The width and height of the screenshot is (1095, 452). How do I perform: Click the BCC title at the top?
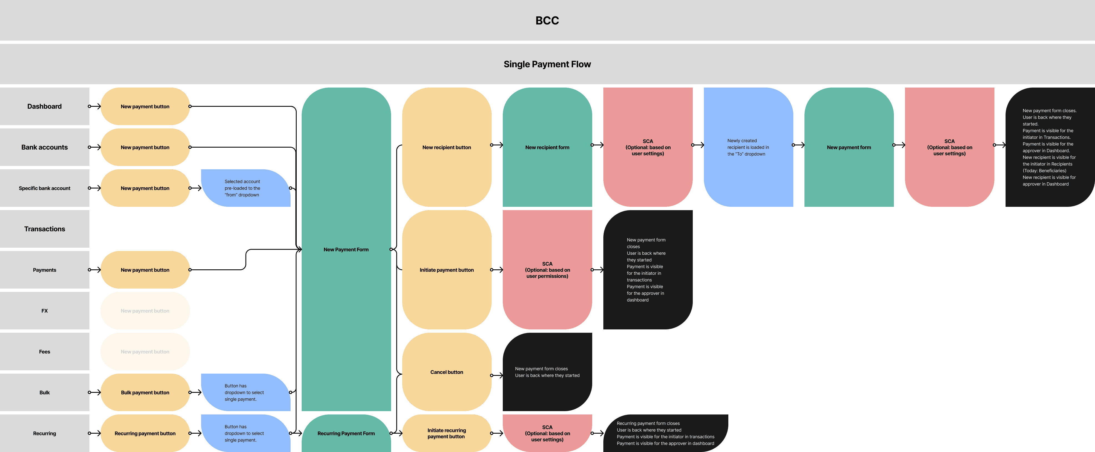tap(547, 20)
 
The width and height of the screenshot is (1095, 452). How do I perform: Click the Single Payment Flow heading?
tap(547, 64)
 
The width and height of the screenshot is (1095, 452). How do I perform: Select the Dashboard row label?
tap(44, 106)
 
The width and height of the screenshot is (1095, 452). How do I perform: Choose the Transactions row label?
tap(44, 229)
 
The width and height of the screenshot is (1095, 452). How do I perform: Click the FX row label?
tap(44, 311)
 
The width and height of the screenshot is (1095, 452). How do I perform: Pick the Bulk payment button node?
tap(145, 393)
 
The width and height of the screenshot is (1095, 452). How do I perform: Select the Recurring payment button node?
tap(145, 433)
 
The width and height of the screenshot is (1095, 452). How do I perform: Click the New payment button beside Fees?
tap(145, 352)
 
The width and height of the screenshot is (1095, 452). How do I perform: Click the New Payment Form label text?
tap(346, 250)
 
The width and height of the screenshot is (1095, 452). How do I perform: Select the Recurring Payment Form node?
tap(346, 433)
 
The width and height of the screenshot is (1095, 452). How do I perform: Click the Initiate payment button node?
tap(446, 270)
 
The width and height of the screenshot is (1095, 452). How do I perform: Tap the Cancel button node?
tap(446, 372)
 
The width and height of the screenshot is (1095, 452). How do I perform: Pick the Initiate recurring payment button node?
tap(446, 433)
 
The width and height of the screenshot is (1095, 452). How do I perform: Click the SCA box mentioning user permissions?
tap(547, 270)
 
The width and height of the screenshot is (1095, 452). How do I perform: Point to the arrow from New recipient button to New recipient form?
tap(497, 145)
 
